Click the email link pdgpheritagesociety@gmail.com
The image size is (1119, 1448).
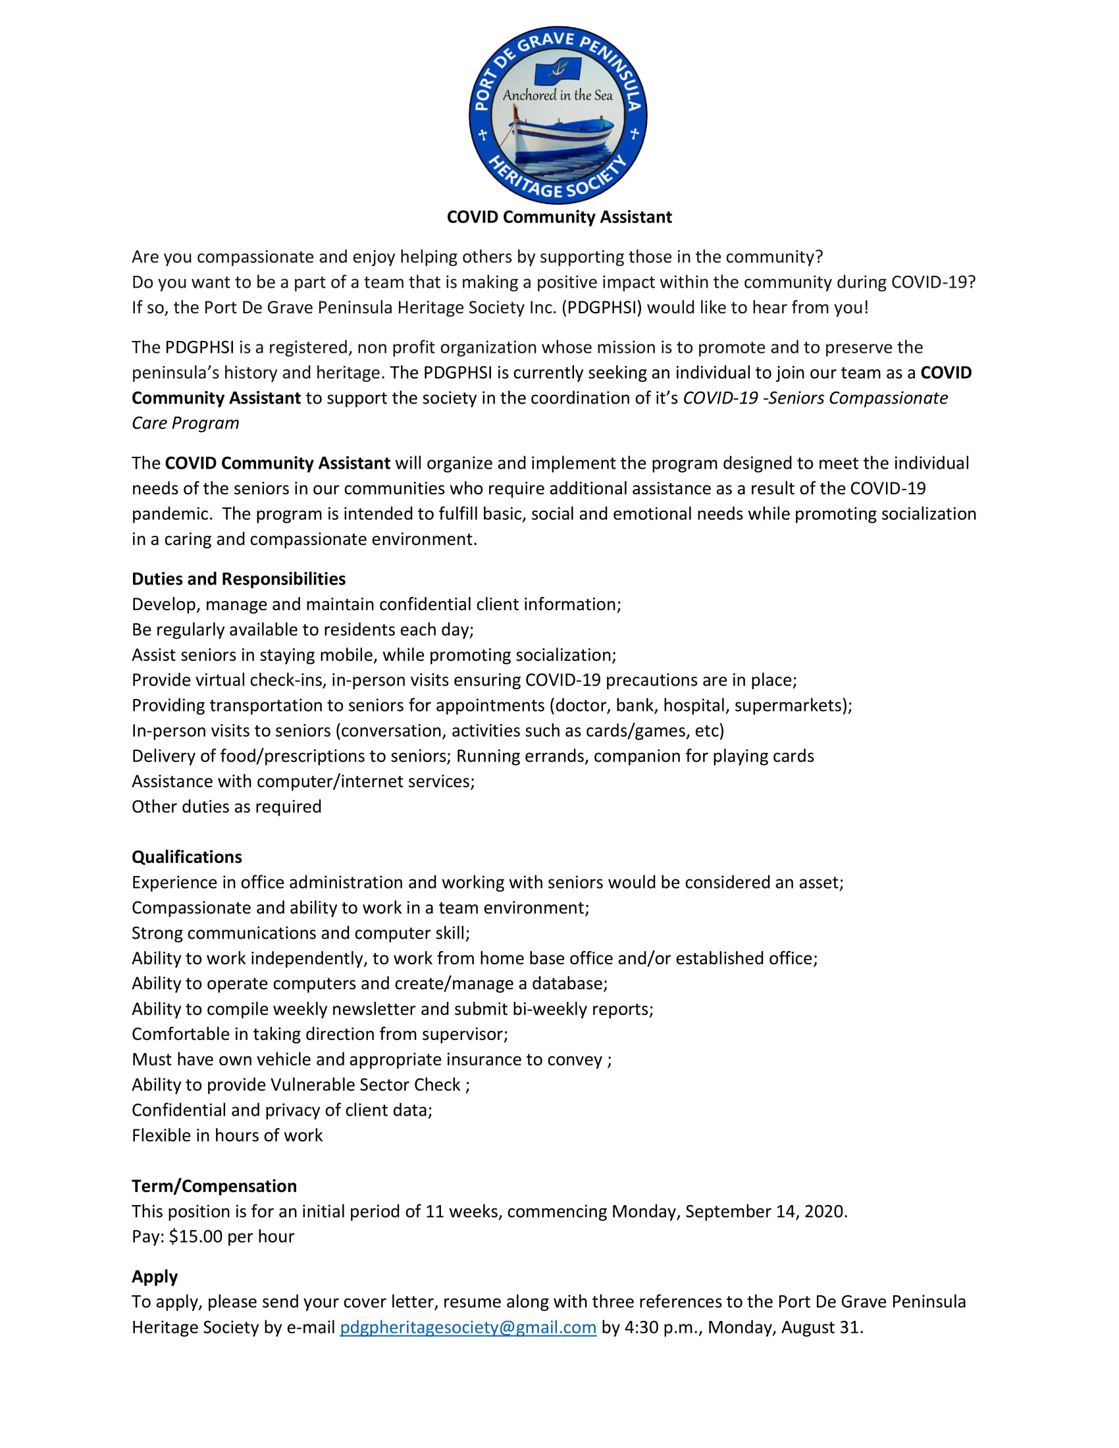[x=468, y=1327]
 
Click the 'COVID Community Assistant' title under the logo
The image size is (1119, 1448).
[x=559, y=217]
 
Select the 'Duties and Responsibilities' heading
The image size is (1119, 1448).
[x=239, y=579]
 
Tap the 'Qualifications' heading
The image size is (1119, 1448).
[x=187, y=856]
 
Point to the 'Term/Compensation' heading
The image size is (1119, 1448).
[x=214, y=1185]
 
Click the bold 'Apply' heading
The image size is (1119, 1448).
[x=155, y=1276]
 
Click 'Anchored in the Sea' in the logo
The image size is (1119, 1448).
[x=558, y=95]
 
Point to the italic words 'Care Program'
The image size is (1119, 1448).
[x=186, y=423]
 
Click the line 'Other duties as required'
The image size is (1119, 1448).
[x=226, y=806]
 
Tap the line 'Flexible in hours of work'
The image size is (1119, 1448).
[x=226, y=1135]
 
